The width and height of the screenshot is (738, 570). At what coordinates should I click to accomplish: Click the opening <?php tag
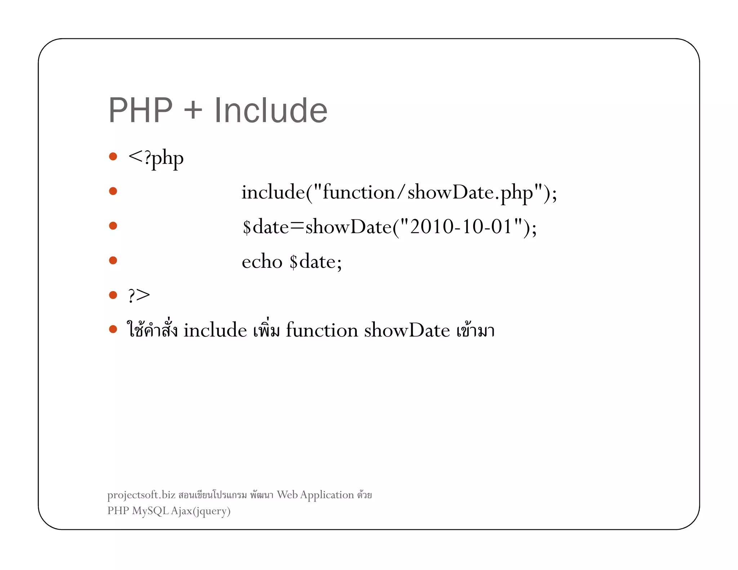tap(156, 158)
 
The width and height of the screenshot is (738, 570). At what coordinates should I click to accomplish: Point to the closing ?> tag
tap(139, 295)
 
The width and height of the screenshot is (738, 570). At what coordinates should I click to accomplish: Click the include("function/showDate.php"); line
tap(399, 192)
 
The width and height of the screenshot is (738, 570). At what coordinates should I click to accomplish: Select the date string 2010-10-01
tap(461, 227)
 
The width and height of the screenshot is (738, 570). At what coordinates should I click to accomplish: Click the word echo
tap(262, 262)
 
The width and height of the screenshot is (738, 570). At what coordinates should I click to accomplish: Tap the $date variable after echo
tap(315, 262)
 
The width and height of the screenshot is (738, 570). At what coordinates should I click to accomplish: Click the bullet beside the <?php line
tap(113, 156)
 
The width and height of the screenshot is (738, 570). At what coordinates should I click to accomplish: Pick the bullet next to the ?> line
tap(113, 295)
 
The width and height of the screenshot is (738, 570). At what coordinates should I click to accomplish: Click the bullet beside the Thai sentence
tap(113, 329)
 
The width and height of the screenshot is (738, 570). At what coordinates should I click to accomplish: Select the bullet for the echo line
tap(113, 260)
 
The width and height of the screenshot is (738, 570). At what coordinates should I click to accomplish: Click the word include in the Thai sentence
tap(215, 330)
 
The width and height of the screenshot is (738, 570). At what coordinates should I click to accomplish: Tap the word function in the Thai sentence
tap(322, 330)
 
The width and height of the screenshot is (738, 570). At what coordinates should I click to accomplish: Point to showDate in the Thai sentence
tap(407, 330)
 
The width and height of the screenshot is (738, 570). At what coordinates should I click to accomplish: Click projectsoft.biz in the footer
tap(141, 495)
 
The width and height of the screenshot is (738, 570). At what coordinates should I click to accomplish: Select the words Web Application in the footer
tap(315, 495)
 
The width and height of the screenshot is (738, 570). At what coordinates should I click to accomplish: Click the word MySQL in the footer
tap(150, 511)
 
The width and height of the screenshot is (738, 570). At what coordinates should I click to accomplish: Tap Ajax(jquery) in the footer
tap(201, 511)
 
